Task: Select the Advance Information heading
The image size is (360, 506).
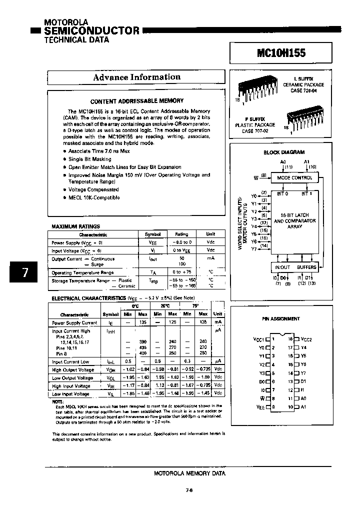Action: (x=136, y=77)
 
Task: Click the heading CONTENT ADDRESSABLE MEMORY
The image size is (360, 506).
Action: (x=136, y=100)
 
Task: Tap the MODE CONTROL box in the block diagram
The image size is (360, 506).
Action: (x=294, y=177)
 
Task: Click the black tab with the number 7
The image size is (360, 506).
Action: (x=25, y=272)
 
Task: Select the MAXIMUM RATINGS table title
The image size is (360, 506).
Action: (x=75, y=226)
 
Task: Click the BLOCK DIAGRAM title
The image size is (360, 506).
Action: (x=284, y=152)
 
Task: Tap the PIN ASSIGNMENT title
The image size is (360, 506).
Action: (x=281, y=318)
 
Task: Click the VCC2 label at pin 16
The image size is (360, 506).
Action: (x=305, y=339)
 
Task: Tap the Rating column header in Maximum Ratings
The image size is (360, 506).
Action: (x=181, y=234)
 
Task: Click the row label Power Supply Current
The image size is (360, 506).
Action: (x=74, y=323)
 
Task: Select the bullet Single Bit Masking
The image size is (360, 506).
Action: (x=89, y=159)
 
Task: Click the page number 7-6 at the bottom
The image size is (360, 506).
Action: (x=189, y=490)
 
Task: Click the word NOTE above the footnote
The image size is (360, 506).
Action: (x=58, y=401)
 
